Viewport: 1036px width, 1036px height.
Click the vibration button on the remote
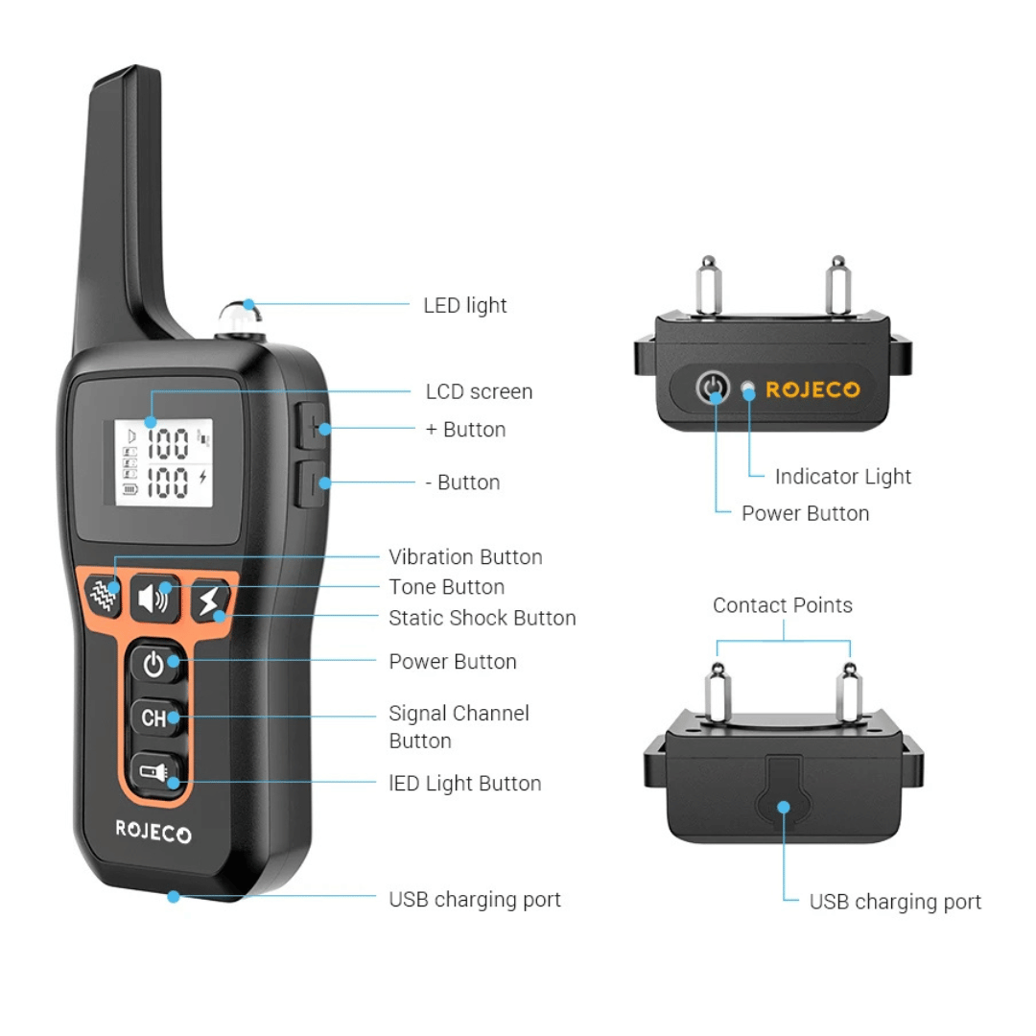coord(103,595)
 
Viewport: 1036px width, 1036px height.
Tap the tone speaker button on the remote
coord(154,598)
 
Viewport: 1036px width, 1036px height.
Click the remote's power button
coord(156,664)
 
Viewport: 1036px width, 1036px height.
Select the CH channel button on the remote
coord(156,718)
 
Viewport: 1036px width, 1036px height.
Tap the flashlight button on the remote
coord(156,771)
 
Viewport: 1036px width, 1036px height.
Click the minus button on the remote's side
coord(311,483)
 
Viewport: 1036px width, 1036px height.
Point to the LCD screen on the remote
coord(163,462)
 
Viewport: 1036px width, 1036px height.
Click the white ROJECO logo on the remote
coord(153,831)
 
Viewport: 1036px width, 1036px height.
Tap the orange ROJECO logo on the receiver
coord(812,389)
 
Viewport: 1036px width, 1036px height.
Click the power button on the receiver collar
coord(713,387)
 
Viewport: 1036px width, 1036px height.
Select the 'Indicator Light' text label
coord(842,477)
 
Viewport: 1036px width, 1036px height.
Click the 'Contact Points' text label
coord(783,605)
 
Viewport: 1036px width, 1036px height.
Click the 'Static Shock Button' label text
coord(483,618)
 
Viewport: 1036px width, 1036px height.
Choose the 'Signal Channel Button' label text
coord(459,727)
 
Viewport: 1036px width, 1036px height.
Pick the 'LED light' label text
coord(465,305)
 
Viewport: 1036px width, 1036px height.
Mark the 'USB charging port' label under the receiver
coord(895,902)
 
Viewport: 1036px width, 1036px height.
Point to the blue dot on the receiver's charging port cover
coord(784,807)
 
